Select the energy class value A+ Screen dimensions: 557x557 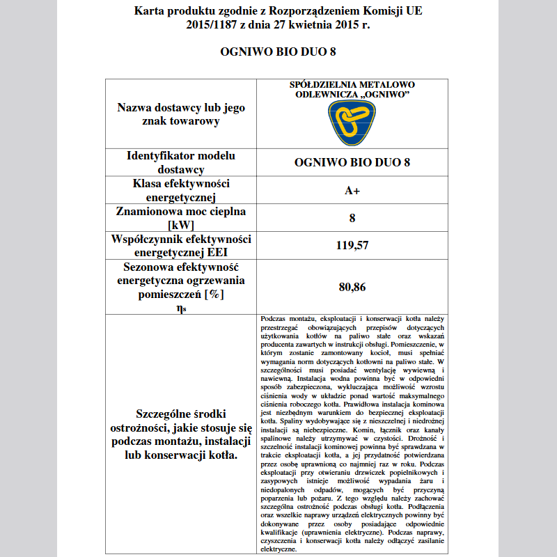point(352,190)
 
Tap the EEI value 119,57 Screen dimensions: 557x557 point(352,244)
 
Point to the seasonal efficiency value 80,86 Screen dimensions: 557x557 point(352,286)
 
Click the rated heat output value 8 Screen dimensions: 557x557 point(352,218)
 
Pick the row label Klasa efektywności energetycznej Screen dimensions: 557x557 point(180,190)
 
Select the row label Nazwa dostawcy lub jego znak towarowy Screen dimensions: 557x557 point(180,115)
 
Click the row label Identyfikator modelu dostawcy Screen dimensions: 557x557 point(180,162)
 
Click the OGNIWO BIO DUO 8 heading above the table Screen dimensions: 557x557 point(278,52)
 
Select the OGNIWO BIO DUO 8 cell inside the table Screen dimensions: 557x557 point(352,162)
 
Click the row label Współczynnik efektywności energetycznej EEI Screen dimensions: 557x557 point(180,245)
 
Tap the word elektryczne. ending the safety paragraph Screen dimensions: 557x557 point(278,549)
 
